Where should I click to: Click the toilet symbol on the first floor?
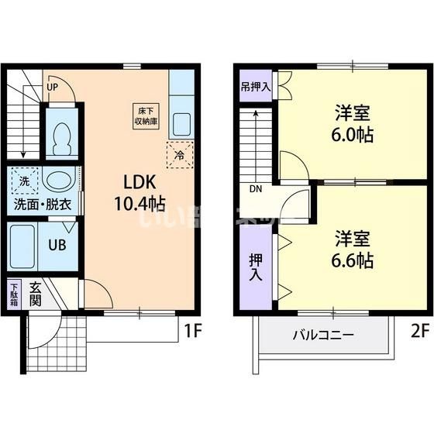60,140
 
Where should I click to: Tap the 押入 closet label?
255,267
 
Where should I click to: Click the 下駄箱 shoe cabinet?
14,295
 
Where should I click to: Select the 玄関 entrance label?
36,294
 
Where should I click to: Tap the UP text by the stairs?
52,87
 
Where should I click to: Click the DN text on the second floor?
256,188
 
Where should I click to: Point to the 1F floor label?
193,332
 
